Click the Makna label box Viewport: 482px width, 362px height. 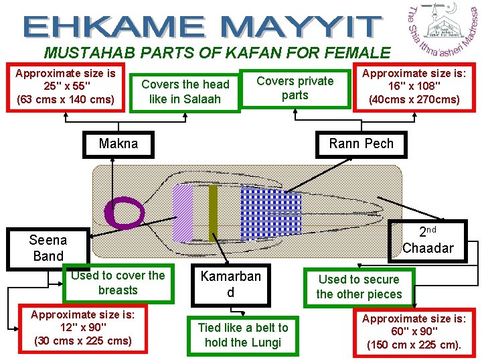118,143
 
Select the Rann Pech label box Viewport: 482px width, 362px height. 361,143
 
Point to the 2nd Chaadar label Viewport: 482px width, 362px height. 428,240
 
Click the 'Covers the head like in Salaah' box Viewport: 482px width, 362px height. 185,92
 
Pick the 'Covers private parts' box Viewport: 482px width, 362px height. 295,88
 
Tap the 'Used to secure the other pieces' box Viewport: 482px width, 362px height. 359,287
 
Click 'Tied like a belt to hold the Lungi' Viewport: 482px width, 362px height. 243,335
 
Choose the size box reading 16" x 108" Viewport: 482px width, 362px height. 414,86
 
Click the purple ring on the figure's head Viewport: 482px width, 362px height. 125,213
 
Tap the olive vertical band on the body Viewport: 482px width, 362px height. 213,211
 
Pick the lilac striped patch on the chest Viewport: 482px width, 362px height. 182,213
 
